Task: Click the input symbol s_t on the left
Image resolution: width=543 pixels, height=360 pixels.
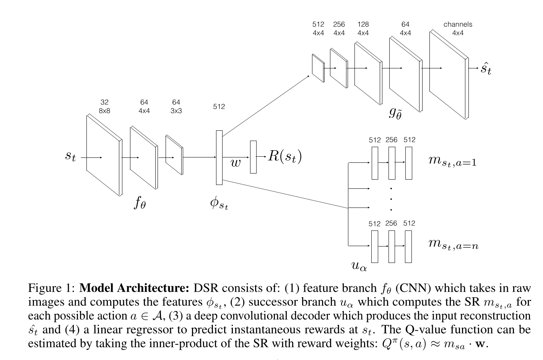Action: [x=70, y=156]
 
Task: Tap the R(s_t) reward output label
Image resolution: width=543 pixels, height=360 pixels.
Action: [x=285, y=156]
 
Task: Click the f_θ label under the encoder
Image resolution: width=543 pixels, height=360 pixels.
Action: [x=140, y=203]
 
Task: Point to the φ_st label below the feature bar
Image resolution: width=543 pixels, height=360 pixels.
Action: [x=219, y=203]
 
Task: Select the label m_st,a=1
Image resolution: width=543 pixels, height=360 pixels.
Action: [x=452, y=161]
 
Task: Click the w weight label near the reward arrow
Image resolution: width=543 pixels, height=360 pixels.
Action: [x=236, y=163]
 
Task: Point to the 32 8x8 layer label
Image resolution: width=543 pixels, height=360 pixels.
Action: [x=104, y=107]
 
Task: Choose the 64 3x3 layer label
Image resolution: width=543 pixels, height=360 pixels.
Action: [x=176, y=107]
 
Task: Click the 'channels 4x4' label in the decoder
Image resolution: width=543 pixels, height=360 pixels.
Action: [x=458, y=29]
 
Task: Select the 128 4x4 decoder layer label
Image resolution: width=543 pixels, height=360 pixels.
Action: [x=363, y=29]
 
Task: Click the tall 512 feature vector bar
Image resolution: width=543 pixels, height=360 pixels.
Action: [x=219, y=157]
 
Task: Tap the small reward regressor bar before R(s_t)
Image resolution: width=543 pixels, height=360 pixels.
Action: [x=253, y=157]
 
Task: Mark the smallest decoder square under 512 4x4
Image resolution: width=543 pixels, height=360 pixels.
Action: [x=318, y=68]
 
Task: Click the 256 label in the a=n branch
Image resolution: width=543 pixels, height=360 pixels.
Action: [x=391, y=223]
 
